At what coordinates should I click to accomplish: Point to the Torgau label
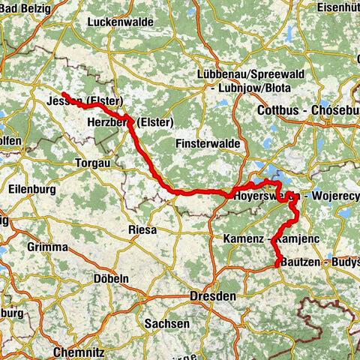pyautogui.click(x=93, y=163)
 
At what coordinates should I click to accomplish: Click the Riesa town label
pyautogui.click(x=142, y=229)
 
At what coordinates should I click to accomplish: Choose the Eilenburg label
pyautogui.click(x=31, y=190)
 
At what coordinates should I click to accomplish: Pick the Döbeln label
pyautogui.click(x=110, y=277)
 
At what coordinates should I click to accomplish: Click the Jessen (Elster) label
pyautogui.click(x=84, y=101)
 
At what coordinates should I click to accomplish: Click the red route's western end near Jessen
pyautogui.click(x=63, y=94)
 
